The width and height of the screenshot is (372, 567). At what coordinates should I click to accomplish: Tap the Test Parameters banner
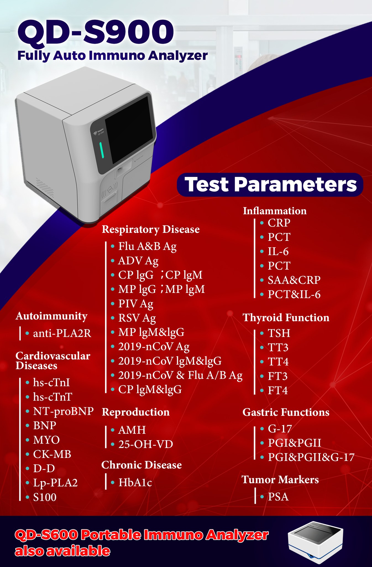coord(270,185)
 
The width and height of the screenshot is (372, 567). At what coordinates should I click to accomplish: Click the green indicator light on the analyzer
coord(101,150)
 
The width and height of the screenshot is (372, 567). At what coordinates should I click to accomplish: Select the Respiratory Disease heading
coord(151,230)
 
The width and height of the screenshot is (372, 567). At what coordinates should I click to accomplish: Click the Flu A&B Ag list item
coord(147,246)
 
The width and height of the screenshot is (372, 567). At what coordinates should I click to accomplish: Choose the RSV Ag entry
coord(137,318)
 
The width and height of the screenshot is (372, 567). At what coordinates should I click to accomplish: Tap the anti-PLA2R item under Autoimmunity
coord(62,333)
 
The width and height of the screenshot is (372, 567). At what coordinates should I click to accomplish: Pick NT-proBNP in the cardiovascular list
coord(63,411)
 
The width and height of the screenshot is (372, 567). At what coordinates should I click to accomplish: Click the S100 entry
coord(45,497)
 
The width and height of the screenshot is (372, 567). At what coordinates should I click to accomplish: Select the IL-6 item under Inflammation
coord(278,251)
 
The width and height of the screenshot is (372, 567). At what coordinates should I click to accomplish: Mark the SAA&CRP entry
coord(294,280)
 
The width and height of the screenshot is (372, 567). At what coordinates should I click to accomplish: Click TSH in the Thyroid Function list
coord(279,333)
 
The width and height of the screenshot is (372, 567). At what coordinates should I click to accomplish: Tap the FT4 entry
coord(278,390)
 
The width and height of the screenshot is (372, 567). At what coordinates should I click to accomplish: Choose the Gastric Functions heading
coord(286,412)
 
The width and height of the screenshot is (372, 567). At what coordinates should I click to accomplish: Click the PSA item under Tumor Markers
coord(278,497)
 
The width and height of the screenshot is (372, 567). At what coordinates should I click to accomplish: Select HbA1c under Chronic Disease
coord(135,483)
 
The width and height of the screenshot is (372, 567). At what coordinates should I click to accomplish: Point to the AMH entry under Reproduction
coord(132,430)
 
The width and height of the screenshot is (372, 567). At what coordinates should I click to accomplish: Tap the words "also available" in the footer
coord(62,551)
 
